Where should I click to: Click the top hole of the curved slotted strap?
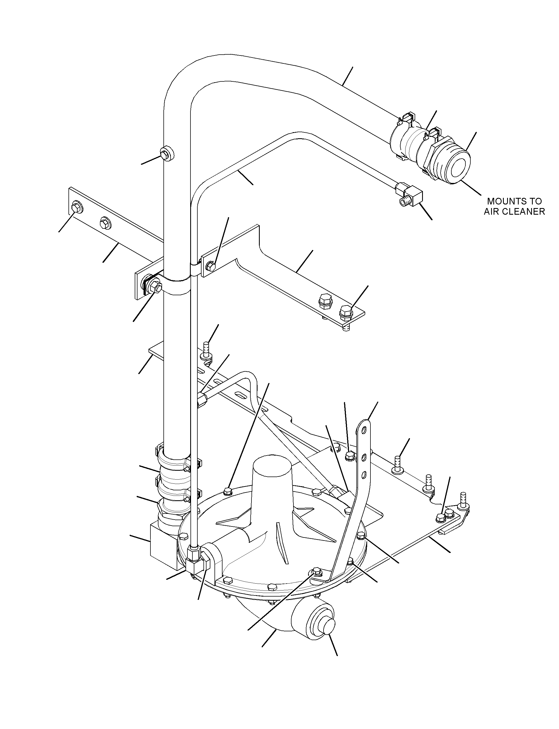(364, 431)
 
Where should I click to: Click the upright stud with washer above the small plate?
(206, 351)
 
